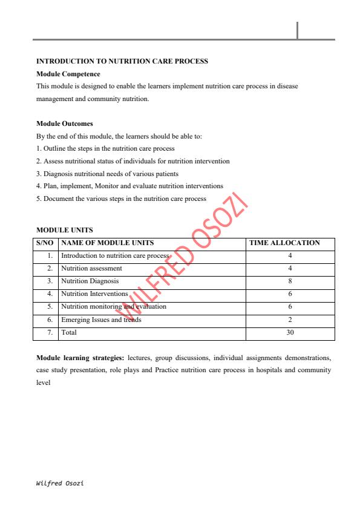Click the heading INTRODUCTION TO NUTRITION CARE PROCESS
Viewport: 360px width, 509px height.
[122, 61]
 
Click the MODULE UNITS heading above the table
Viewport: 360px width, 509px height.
[65, 230]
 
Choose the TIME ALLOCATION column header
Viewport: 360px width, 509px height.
[284, 243]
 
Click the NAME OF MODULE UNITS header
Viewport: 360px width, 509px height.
[108, 243]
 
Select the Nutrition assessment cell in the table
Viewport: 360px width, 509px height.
[92, 268]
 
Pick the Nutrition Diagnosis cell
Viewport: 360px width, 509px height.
[90, 281]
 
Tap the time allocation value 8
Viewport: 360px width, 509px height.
[290, 281]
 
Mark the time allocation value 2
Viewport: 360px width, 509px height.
[290, 320]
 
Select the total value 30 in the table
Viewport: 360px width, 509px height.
[290, 332]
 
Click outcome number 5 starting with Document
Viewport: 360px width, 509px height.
[121, 199]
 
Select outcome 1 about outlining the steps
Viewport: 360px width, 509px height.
[105, 148]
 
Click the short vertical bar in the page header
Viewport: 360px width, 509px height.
[298, 30]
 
